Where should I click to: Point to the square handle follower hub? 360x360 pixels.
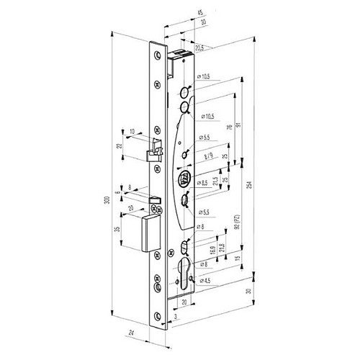183,179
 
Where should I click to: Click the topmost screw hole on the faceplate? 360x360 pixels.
157,45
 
